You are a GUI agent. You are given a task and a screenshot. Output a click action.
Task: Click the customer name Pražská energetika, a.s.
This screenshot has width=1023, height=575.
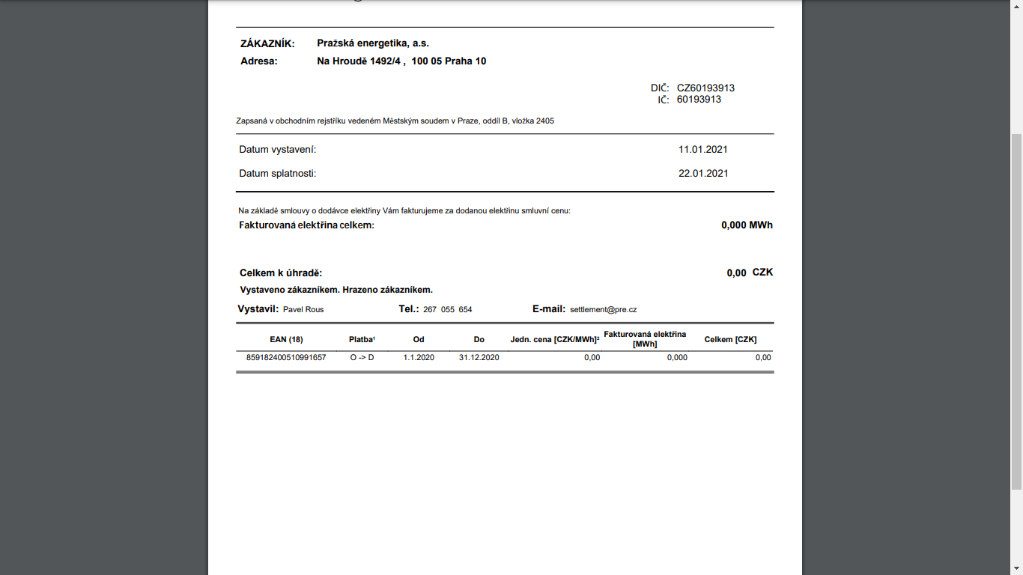[x=373, y=43]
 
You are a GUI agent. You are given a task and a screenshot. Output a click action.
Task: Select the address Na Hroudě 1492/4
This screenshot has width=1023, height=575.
[x=361, y=61]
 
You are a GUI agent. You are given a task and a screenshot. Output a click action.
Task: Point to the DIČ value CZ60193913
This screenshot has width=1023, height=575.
[x=705, y=88]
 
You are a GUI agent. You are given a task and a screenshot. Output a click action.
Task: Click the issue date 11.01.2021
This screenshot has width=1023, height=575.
[x=702, y=149]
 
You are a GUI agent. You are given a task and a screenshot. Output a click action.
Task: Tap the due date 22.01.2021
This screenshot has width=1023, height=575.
[x=702, y=173]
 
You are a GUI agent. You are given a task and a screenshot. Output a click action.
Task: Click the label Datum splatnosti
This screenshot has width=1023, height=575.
[x=277, y=173]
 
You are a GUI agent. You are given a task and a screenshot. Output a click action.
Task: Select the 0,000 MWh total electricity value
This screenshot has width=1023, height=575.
[x=747, y=225]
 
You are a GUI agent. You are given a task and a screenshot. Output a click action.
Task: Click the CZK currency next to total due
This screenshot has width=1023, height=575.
[x=762, y=272]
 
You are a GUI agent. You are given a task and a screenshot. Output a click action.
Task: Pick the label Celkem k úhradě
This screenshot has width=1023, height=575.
[x=281, y=273]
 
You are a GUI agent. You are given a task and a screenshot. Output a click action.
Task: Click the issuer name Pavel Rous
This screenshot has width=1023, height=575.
[x=303, y=309]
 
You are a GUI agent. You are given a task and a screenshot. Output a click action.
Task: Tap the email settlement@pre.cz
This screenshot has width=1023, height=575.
[x=603, y=309]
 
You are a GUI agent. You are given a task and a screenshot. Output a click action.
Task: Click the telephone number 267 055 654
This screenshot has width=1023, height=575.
[x=447, y=309]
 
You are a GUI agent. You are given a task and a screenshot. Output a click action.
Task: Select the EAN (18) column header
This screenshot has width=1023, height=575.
[x=286, y=339]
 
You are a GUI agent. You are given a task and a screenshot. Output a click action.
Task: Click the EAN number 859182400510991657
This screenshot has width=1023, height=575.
[x=286, y=357]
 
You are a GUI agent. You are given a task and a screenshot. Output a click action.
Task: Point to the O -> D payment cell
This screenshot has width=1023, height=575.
[x=362, y=357]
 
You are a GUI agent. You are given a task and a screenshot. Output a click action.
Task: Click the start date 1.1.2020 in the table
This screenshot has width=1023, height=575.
[x=419, y=357]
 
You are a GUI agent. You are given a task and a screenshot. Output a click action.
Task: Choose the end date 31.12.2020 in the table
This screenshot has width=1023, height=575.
[x=479, y=357]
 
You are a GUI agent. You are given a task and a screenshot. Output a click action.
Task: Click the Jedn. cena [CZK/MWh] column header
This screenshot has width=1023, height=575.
[x=555, y=339]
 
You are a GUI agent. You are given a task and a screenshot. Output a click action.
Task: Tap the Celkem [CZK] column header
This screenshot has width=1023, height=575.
[x=730, y=339]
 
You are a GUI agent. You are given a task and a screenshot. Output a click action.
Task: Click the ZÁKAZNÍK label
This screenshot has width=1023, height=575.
[x=267, y=43]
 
